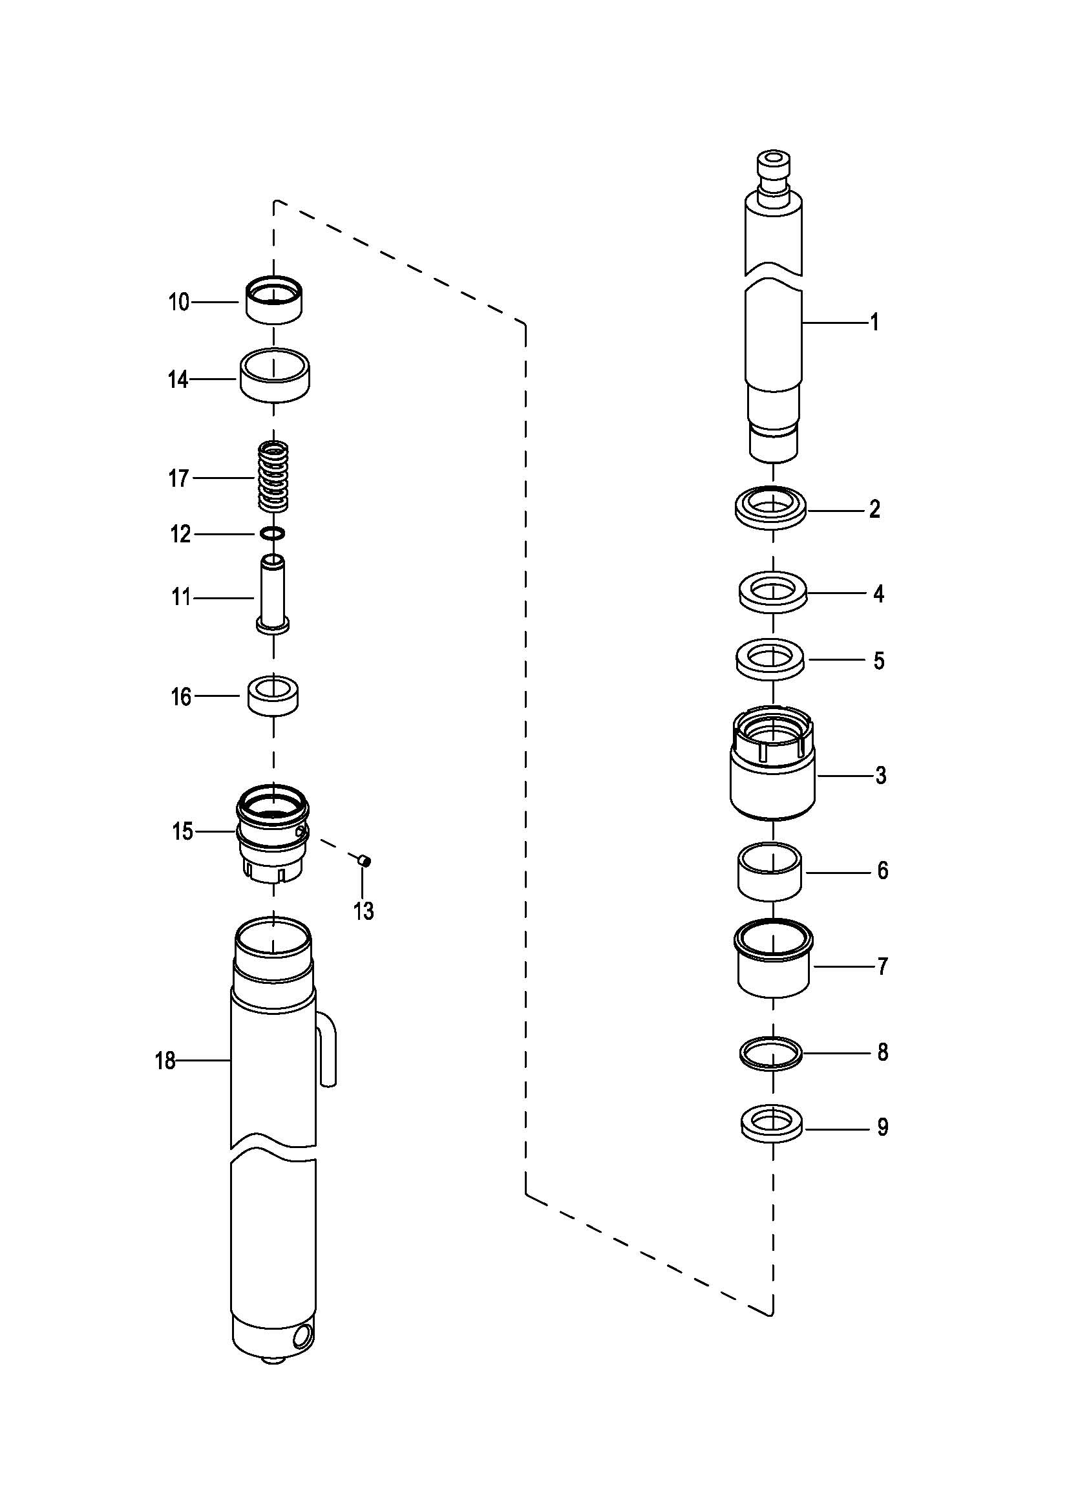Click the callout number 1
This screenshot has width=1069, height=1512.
874,323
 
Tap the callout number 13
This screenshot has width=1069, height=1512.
363,911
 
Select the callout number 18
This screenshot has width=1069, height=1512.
165,1061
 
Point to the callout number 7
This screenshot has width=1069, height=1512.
883,966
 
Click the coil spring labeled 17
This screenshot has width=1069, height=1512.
273,476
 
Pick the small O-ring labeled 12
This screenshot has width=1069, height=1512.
273,533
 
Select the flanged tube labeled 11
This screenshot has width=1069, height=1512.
273,595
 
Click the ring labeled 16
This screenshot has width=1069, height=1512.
273,696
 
